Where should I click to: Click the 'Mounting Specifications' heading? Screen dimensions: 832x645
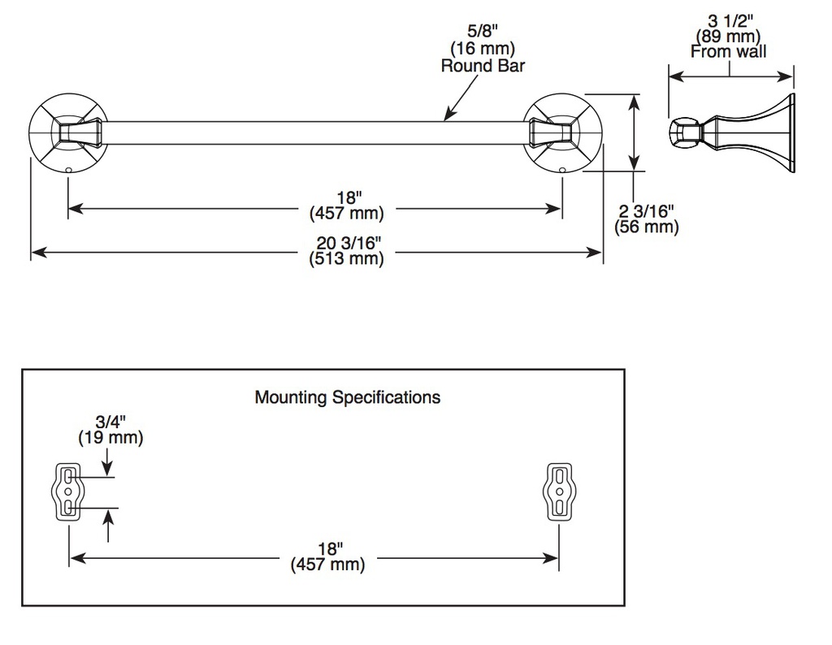[348, 397]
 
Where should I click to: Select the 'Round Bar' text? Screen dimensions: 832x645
[483, 66]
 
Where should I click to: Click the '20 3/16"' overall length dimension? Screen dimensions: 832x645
[349, 243]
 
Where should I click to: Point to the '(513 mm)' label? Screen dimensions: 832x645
[346, 259]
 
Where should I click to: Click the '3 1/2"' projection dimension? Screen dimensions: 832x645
[730, 21]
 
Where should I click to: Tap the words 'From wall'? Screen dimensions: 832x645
[729, 51]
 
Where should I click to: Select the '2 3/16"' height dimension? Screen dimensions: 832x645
[646, 211]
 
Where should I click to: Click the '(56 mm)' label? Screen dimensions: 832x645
[646, 227]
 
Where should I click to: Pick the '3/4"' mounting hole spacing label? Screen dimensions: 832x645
[110, 422]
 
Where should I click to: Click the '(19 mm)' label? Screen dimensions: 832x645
[110, 438]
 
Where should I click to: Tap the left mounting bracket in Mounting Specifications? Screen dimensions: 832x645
[68, 491]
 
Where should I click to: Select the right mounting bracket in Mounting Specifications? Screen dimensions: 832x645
[559, 491]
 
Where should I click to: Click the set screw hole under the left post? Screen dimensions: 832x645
[68, 171]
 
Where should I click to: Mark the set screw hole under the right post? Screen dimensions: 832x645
[562, 171]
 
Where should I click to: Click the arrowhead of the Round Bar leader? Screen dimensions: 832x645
[448, 117]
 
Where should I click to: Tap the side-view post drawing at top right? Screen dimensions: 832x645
[731, 132]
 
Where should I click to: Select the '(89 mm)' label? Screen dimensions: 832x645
[729, 37]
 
